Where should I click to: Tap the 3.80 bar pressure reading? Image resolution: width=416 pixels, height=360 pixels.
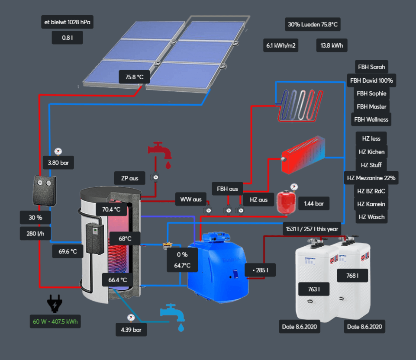[58, 163]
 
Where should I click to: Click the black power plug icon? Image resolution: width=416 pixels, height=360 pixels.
[54, 303]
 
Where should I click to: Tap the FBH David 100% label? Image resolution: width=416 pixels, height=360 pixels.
[371, 80]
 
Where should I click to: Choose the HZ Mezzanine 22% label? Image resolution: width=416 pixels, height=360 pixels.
[371, 178]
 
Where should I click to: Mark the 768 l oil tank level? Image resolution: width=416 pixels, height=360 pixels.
[353, 276]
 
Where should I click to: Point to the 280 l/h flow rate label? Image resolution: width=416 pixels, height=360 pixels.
[35, 234]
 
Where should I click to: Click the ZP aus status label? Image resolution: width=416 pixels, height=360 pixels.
[129, 178]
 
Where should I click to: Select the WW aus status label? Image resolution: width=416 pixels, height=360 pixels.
[191, 199]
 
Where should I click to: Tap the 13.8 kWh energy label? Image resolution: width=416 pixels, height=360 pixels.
[332, 45]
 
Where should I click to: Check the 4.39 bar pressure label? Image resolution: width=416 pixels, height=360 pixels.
[131, 330]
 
